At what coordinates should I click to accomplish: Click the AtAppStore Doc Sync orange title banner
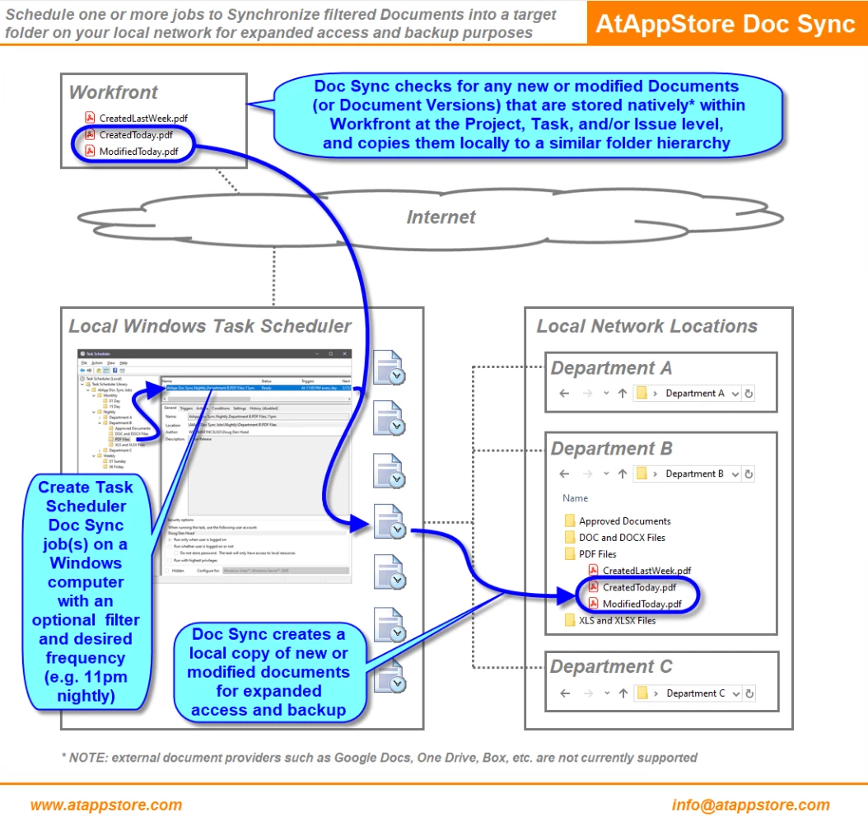click(x=726, y=23)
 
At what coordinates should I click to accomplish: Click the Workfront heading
click(x=114, y=91)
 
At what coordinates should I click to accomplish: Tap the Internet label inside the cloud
click(x=441, y=217)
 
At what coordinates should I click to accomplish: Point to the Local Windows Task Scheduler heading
click(x=210, y=326)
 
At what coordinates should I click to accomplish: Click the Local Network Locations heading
click(x=646, y=326)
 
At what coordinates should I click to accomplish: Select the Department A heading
click(x=611, y=368)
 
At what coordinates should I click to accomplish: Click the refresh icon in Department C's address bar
click(x=748, y=693)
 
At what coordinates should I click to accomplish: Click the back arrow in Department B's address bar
click(x=564, y=474)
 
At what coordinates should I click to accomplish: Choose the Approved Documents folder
click(x=624, y=521)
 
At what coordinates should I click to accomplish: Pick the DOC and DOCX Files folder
click(x=622, y=538)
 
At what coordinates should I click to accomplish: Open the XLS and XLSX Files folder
click(x=617, y=621)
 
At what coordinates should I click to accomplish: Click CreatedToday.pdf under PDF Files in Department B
click(x=639, y=587)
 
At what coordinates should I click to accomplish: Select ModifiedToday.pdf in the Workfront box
click(x=138, y=152)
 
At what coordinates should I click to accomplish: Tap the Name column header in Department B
click(x=576, y=498)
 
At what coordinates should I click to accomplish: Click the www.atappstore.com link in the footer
click(x=106, y=805)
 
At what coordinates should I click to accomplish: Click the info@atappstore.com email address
click(x=750, y=805)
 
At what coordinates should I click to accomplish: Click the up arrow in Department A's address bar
click(x=623, y=394)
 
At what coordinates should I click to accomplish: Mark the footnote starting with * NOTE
click(x=380, y=758)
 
